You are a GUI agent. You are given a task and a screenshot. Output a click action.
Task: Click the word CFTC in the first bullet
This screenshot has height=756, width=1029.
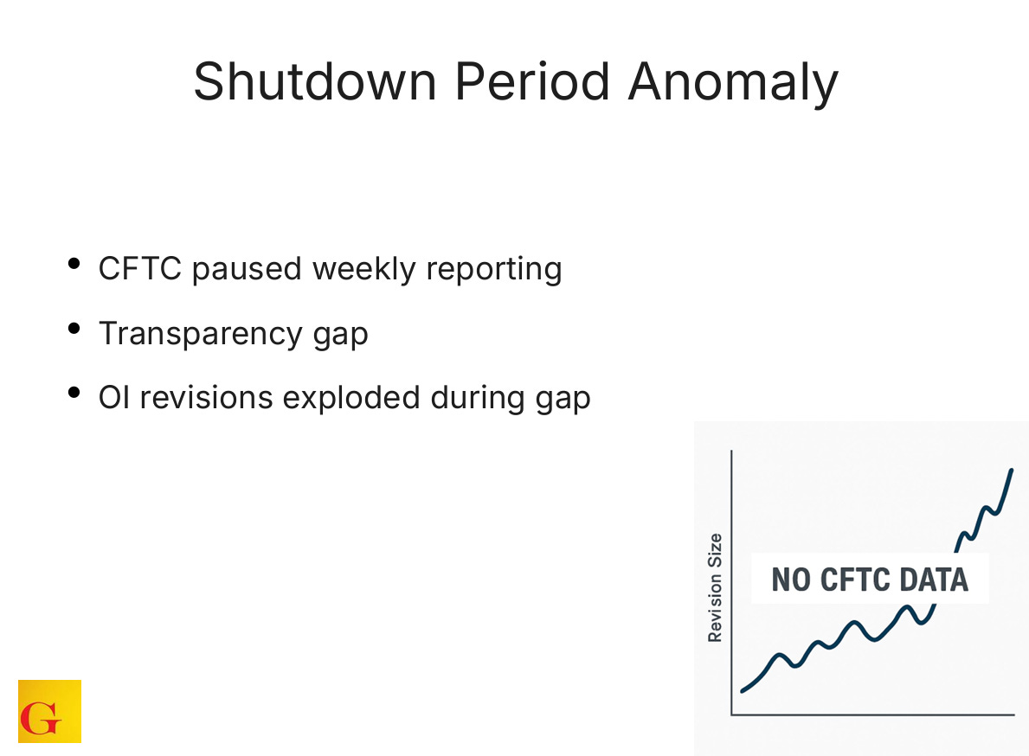pyautogui.click(x=140, y=269)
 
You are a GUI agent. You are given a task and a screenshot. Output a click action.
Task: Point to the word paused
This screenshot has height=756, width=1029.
pyautogui.click(x=248, y=270)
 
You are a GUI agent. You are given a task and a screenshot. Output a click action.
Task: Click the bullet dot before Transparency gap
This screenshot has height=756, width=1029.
pyautogui.click(x=75, y=329)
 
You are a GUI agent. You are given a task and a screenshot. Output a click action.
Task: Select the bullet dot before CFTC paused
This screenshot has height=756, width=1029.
pyautogui.click(x=75, y=264)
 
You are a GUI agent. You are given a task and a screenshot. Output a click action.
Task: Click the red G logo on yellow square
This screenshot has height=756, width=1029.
pyautogui.click(x=49, y=711)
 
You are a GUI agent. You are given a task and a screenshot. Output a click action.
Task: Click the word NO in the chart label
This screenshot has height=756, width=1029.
pyautogui.click(x=790, y=579)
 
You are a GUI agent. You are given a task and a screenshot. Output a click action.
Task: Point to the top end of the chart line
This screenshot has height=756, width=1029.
pyautogui.click(x=1011, y=471)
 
